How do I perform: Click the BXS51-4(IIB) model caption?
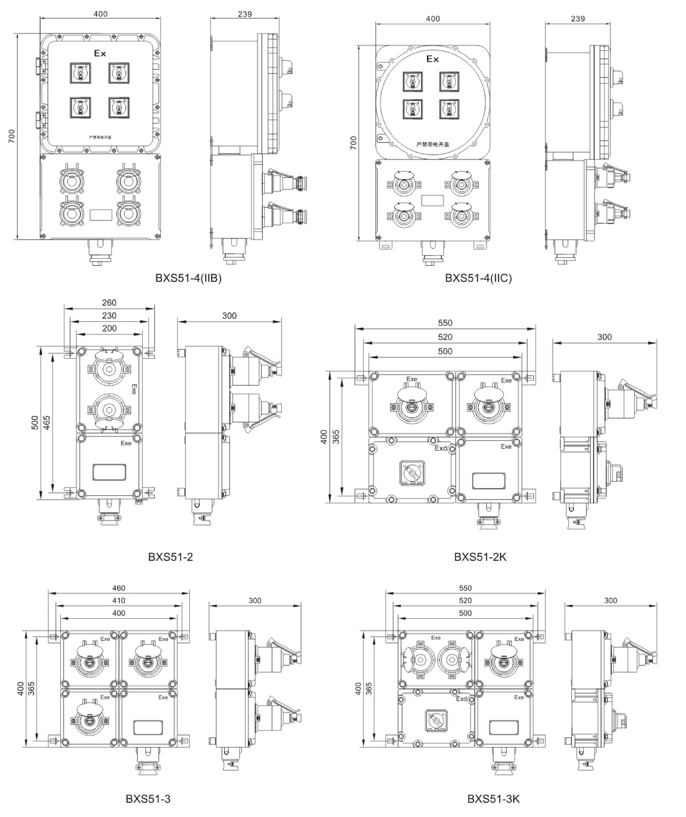pos(188,278)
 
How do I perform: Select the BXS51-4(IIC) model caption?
pos(478,278)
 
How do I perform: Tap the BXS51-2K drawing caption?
pos(480,557)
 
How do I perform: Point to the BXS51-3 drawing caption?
pos(148,799)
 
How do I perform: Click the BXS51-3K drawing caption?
pos(493,799)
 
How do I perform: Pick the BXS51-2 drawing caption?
pos(170,557)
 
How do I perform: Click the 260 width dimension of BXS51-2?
pos(109,303)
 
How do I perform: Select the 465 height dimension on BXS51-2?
pos(47,422)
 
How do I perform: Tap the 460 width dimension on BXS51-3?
pos(119,588)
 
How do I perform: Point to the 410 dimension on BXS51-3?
pos(119,600)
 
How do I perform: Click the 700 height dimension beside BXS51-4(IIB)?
pos(11,136)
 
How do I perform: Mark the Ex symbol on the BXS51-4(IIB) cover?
pos(100,53)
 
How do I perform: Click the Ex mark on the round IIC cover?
pos(433,59)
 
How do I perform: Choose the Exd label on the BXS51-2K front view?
pos(441,448)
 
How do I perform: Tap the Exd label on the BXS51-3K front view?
pos(461,699)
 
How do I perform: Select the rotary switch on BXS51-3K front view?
pos(436,719)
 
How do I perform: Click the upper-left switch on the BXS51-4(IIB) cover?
pos(80,73)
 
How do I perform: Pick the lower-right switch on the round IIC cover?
pos(449,109)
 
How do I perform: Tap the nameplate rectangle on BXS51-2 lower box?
pos(109,472)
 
